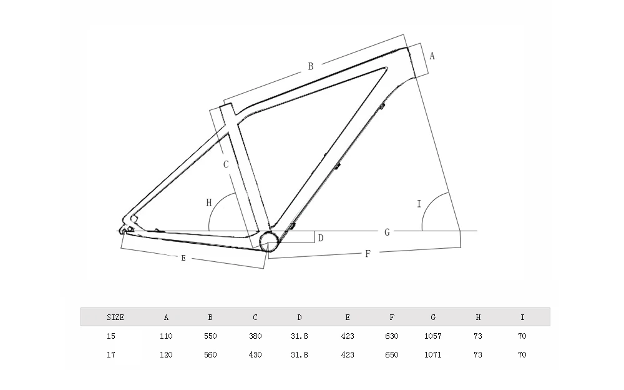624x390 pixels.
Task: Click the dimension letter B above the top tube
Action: (310, 66)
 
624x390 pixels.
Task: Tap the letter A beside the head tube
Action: (432, 56)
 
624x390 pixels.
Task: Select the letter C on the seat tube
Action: (226, 164)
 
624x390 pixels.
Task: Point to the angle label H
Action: (209, 202)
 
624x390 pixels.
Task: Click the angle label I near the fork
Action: (419, 204)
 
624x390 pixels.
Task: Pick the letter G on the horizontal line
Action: (387, 232)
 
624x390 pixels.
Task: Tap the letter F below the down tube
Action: (368, 253)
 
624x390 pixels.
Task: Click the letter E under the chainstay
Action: (183, 257)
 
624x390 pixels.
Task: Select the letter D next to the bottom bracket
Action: (320, 237)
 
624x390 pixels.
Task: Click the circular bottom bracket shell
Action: (269, 241)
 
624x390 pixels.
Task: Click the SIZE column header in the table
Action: (115, 317)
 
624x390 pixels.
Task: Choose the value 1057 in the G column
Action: (432, 336)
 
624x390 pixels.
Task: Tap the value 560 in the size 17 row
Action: (210, 354)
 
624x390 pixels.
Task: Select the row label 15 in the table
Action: (111, 336)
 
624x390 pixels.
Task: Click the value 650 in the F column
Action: (391, 354)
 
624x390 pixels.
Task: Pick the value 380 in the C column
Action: (255, 336)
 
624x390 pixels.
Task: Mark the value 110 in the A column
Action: (166, 336)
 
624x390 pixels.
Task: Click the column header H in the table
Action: (478, 317)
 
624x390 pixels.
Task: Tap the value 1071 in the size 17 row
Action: (432, 354)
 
